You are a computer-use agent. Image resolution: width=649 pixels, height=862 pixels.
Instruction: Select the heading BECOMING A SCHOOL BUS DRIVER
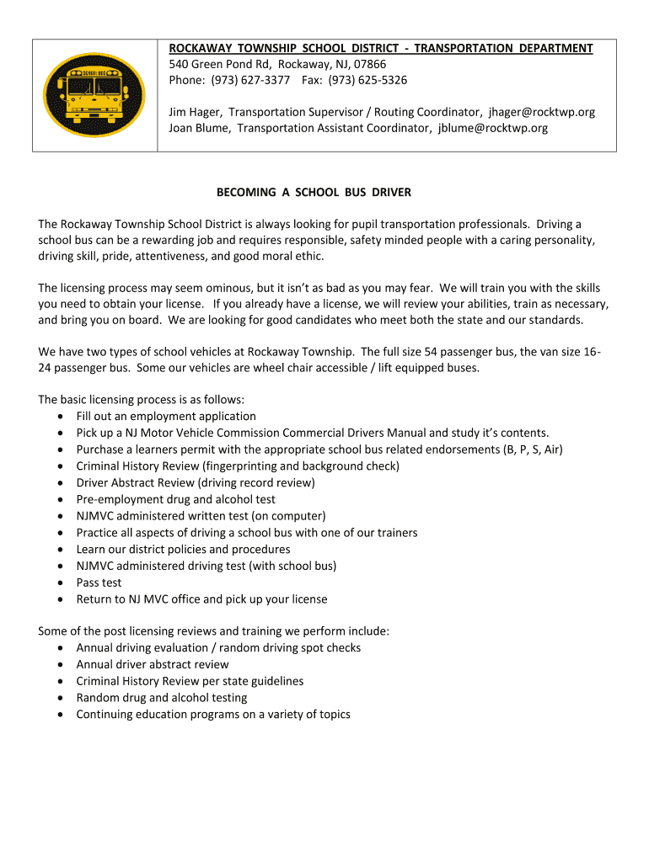[314, 192]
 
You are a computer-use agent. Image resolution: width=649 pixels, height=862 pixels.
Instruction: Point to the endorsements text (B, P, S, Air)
[534, 450]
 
